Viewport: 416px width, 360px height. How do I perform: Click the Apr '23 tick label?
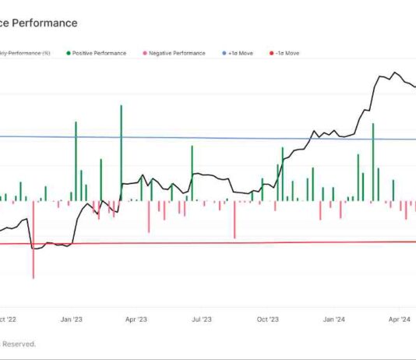point(136,319)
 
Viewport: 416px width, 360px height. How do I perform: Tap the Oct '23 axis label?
point(268,319)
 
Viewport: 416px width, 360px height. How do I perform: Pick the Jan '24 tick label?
point(334,319)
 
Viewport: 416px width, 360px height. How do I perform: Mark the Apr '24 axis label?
point(400,319)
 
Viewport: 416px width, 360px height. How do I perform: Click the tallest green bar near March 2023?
point(121,152)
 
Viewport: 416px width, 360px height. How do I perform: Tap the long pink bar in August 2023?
point(234,220)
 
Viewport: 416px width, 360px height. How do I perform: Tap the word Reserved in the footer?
point(19,343)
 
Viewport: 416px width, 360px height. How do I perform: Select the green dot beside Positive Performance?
point(69,53)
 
